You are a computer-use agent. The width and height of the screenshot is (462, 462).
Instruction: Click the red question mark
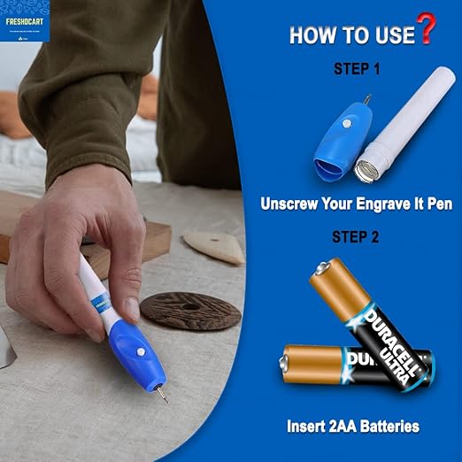(x=427, y=29)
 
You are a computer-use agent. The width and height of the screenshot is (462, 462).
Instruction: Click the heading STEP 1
(x=357, y=67)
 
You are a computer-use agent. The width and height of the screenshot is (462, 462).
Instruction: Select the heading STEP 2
(x=356, y=236)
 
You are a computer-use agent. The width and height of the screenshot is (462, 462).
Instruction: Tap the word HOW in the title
(x=310, y=36)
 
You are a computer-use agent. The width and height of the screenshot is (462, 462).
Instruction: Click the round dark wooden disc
(x=190, y=310)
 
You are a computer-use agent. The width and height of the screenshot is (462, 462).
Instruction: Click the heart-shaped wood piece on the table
(x=214, y=247)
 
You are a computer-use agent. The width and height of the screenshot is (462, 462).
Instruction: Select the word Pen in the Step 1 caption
(x=438, y=204)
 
